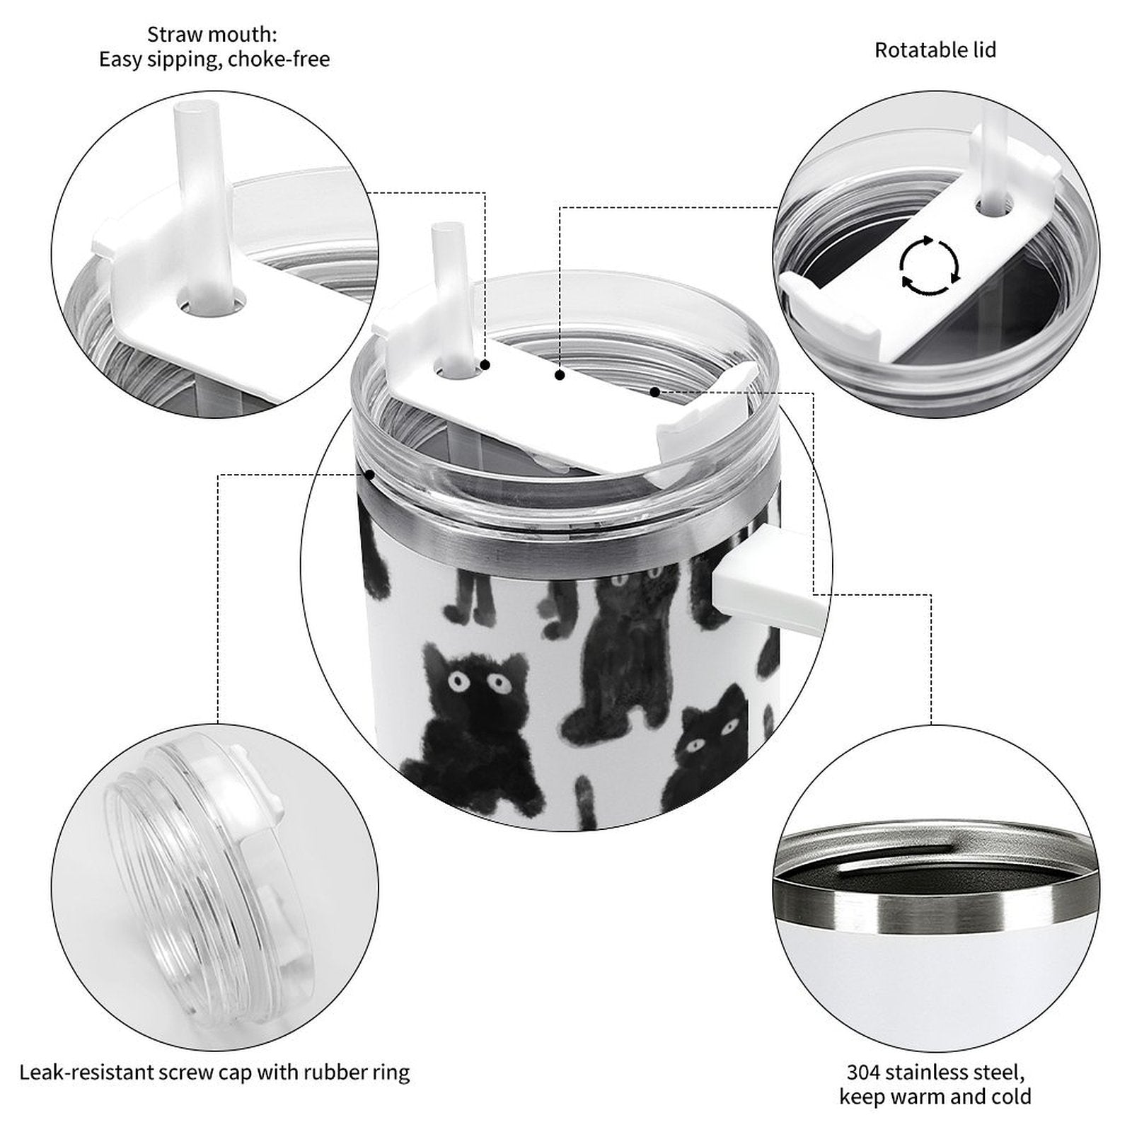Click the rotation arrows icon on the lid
pyautogui.click(x=930, y=267)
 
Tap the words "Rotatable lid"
pyautogui.click(x=935, y=50)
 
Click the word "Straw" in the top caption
pyautogui.click(x=173, y=34)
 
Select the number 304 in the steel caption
pyautogui.click(x=863, y=1072)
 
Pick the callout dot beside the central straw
pyautogui.click(x=485, y=364)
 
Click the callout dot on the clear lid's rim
pyautogui.click(x=369, y=474)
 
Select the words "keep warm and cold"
pyautogui.click(x=935, y=1097)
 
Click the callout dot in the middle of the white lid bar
pyautogui.click(x=560, y=375)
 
